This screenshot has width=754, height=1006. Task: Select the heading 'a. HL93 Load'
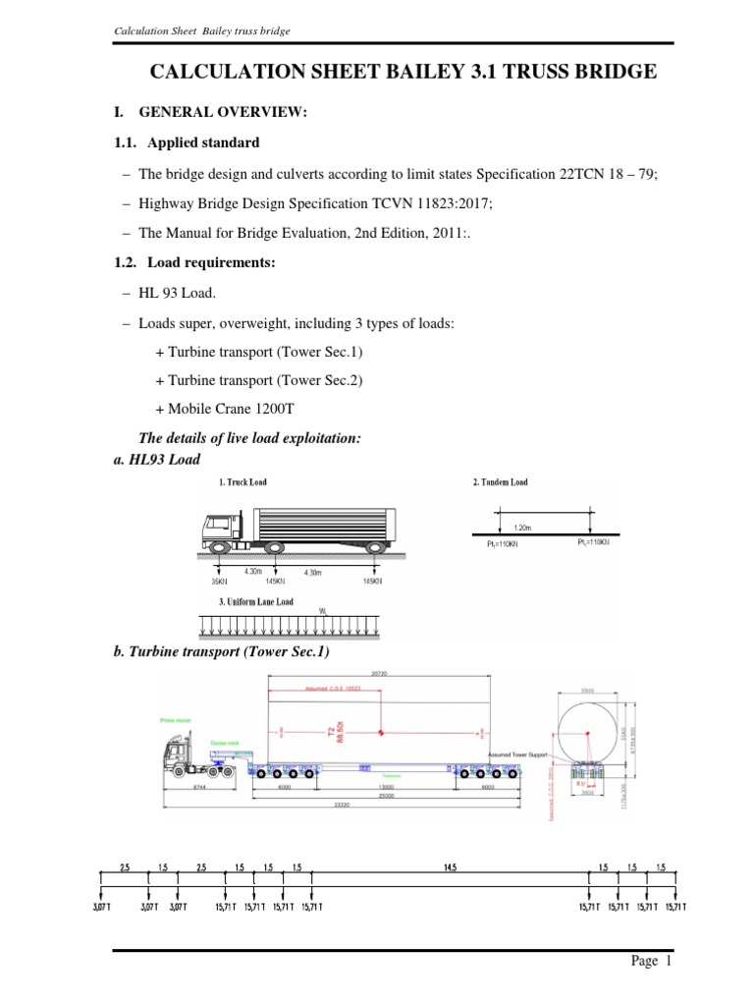pos(158,459)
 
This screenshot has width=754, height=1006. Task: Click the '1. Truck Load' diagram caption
pos(242,483)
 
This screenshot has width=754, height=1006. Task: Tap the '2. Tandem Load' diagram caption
pos(500,483)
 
